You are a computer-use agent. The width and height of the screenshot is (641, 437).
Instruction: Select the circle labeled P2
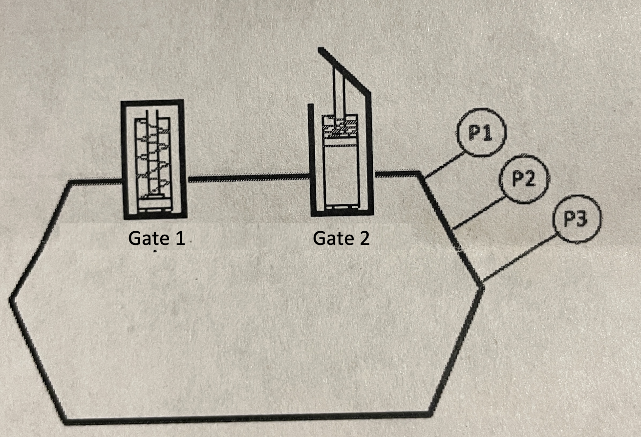coord(522,179)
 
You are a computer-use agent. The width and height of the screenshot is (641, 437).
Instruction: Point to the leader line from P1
coord(445,164)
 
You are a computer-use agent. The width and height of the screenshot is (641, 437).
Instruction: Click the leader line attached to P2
coord(479,212)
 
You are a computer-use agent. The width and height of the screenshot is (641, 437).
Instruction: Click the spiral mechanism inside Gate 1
coord(152,156)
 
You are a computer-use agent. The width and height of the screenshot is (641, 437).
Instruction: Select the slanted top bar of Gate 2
coord(344,68)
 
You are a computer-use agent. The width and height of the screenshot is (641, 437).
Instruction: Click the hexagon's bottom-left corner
coord(66,420)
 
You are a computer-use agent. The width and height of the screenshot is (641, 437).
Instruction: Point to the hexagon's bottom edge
coord(244,418)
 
